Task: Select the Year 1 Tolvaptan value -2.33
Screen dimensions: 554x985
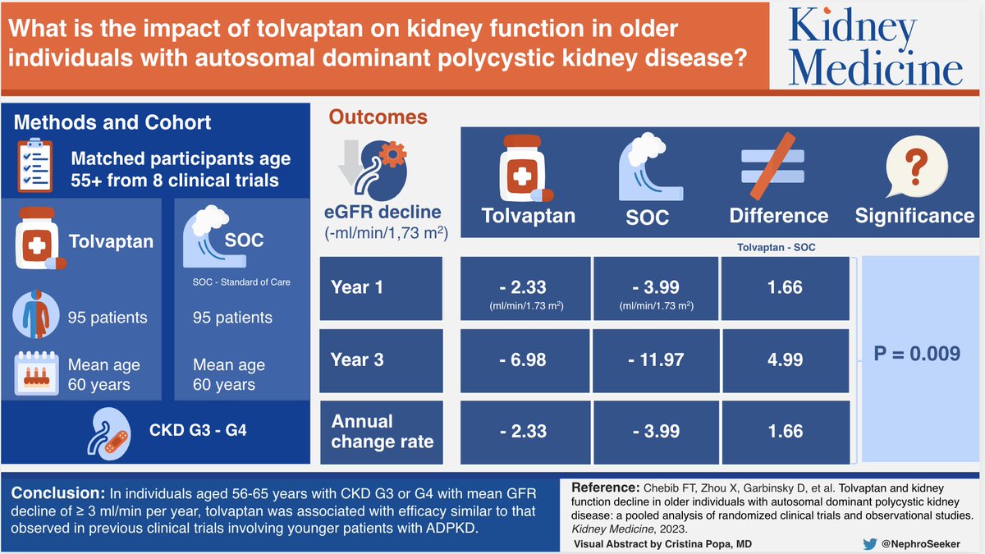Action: (x=525, y=288)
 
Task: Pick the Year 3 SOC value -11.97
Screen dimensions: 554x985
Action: (x=655, y=359)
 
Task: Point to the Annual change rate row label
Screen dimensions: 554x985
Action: (x=382, y=431)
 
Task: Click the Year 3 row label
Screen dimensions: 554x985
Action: (x=357, y=359)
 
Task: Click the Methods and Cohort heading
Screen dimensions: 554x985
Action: (x=112, y=122)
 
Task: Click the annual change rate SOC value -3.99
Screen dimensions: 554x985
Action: (x=655, y=431)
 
